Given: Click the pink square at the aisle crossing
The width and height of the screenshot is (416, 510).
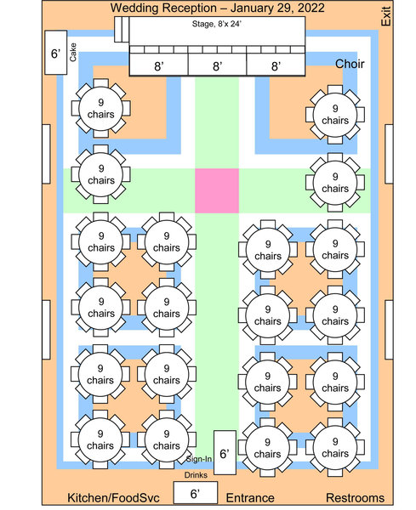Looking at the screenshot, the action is (x=217, y=190).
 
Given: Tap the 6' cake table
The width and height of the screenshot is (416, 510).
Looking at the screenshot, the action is (x=55, y=53).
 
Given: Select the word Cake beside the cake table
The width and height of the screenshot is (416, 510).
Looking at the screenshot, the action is (x=73, y=52).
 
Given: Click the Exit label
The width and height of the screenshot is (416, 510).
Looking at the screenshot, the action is (x=385, y=16).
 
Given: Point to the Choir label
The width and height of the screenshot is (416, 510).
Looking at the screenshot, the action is (x=350, y=64).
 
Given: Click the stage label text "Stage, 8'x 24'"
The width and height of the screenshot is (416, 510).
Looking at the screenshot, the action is (x=216, y=24).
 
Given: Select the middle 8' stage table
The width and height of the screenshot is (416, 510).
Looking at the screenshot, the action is (x=218, y=65).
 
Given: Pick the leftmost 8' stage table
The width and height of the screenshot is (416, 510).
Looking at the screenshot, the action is (x=159, y=65).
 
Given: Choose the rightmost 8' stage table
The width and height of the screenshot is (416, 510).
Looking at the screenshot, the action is (x=276, y=65).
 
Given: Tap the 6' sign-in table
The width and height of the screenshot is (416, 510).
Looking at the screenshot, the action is (x=225, y=452).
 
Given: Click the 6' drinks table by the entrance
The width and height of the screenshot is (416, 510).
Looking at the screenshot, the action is (x=196, y=492).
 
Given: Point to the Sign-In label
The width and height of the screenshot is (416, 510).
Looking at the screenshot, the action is (x=199, y=459).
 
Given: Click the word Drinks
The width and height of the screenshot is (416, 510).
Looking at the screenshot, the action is (x=196, y=475).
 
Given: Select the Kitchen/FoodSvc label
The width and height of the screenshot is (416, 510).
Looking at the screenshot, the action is (x=113, y=497).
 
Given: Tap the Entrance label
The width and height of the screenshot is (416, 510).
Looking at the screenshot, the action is (x=250, y=497).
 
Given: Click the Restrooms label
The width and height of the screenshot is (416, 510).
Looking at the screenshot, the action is (x=355, y=497).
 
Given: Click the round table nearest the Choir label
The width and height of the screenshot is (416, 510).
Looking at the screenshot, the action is (x=335, y=115).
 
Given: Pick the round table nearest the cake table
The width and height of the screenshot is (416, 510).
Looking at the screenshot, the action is (x=101, y=108).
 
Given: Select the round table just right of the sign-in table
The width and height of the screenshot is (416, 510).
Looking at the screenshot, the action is (x=268, y=448).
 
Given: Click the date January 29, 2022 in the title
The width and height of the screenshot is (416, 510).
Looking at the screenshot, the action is (x=277, y=8).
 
